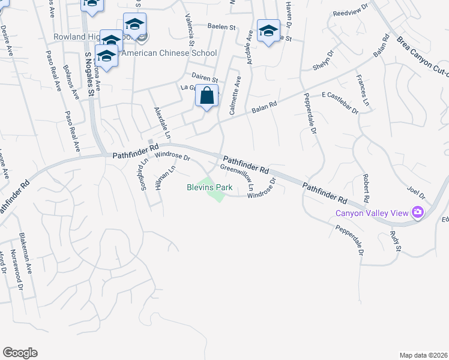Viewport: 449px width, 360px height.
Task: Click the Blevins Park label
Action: pyautogui.click(x=208, y=187)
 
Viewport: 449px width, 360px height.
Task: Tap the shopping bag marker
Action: pyautogui.click(x=206, y=96)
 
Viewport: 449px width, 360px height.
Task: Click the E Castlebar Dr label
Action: pyautogui.click(x=340, y=103)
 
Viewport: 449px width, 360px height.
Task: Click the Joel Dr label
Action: pyautogui.click(x=415, y=191)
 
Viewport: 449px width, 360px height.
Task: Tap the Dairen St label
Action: pyautogui.click(x=205, y=77)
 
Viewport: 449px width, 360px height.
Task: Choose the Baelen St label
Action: pyautogui.click(x=222, y=26)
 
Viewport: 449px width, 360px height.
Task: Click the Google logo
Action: pyautogui.click(x=20, y=353)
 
